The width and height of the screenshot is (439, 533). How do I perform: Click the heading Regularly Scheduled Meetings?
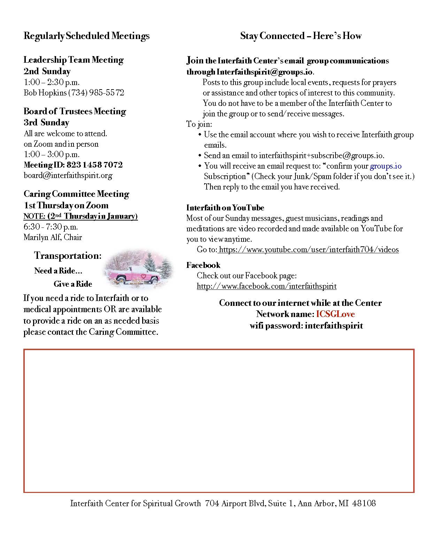point(86,36)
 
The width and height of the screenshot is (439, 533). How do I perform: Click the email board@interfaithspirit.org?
point(68,175)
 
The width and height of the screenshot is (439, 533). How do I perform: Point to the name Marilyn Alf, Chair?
point(53,238)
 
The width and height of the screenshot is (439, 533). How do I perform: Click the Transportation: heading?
point(68,256)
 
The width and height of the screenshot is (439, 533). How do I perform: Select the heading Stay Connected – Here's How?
point(301,36)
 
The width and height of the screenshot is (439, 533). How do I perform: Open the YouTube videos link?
point(309,249)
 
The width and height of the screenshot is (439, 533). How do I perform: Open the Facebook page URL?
point(267,286)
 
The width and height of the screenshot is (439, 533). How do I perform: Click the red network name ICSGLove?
point(335,314)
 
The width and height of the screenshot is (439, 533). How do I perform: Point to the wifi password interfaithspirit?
point(333,326)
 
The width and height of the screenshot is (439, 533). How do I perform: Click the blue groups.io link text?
point(386,166)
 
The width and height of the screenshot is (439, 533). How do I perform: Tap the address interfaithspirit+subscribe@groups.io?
point(321,156)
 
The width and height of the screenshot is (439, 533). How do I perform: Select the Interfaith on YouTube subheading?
point(225,208)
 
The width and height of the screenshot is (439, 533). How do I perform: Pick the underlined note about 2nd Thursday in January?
point(80,216)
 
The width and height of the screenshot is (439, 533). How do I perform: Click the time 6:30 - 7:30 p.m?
point(51,227)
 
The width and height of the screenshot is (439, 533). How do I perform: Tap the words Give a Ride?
point(73,284)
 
